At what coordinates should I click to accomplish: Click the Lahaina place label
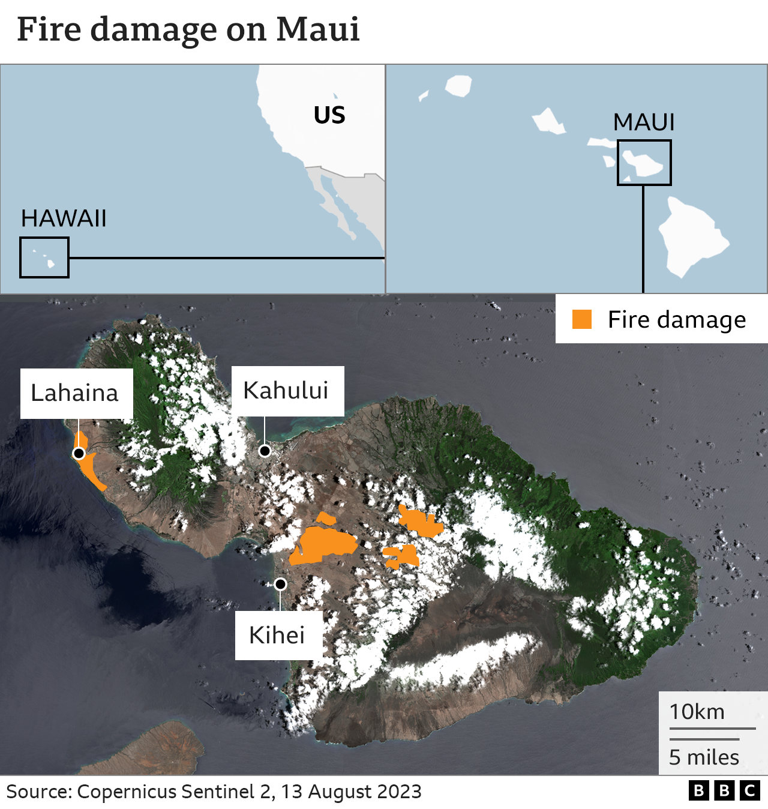pyautogui.click(x=75, y=393)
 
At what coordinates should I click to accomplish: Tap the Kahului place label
pyautogui.click(x=286, y=391)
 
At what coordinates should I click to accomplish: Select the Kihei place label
pyautogui.click(x=277, y=635)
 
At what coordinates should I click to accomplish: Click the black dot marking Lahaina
pyautogui.click(x=79, y=453)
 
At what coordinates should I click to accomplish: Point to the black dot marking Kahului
pyautogui.click(x=265, y=451)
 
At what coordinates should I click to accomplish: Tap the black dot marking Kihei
pyautogui.click(x=280, y=584)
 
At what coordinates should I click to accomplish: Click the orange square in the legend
pyautogui.click(x=582, y=319)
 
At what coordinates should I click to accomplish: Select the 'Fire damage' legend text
pyautogui.click(x=677, y=320)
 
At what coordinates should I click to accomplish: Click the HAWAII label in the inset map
pyautogui.click(x=64, y=218)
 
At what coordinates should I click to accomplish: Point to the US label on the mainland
pyautogui.click(x=329, y=115)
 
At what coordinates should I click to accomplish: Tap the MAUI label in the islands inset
pyautogui.click(x=644, y=122)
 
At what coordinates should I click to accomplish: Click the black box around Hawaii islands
pyautogui.click(x=44, y=257)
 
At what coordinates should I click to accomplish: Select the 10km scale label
pyautogui.click(x=697, y=712)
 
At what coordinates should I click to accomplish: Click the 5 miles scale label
pyautogui.click(x=704, y=757)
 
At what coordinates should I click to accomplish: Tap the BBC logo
pyautogui.click(x=724, y=791)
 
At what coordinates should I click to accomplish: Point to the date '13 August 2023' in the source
pyautogui.click(x=352, y=792)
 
